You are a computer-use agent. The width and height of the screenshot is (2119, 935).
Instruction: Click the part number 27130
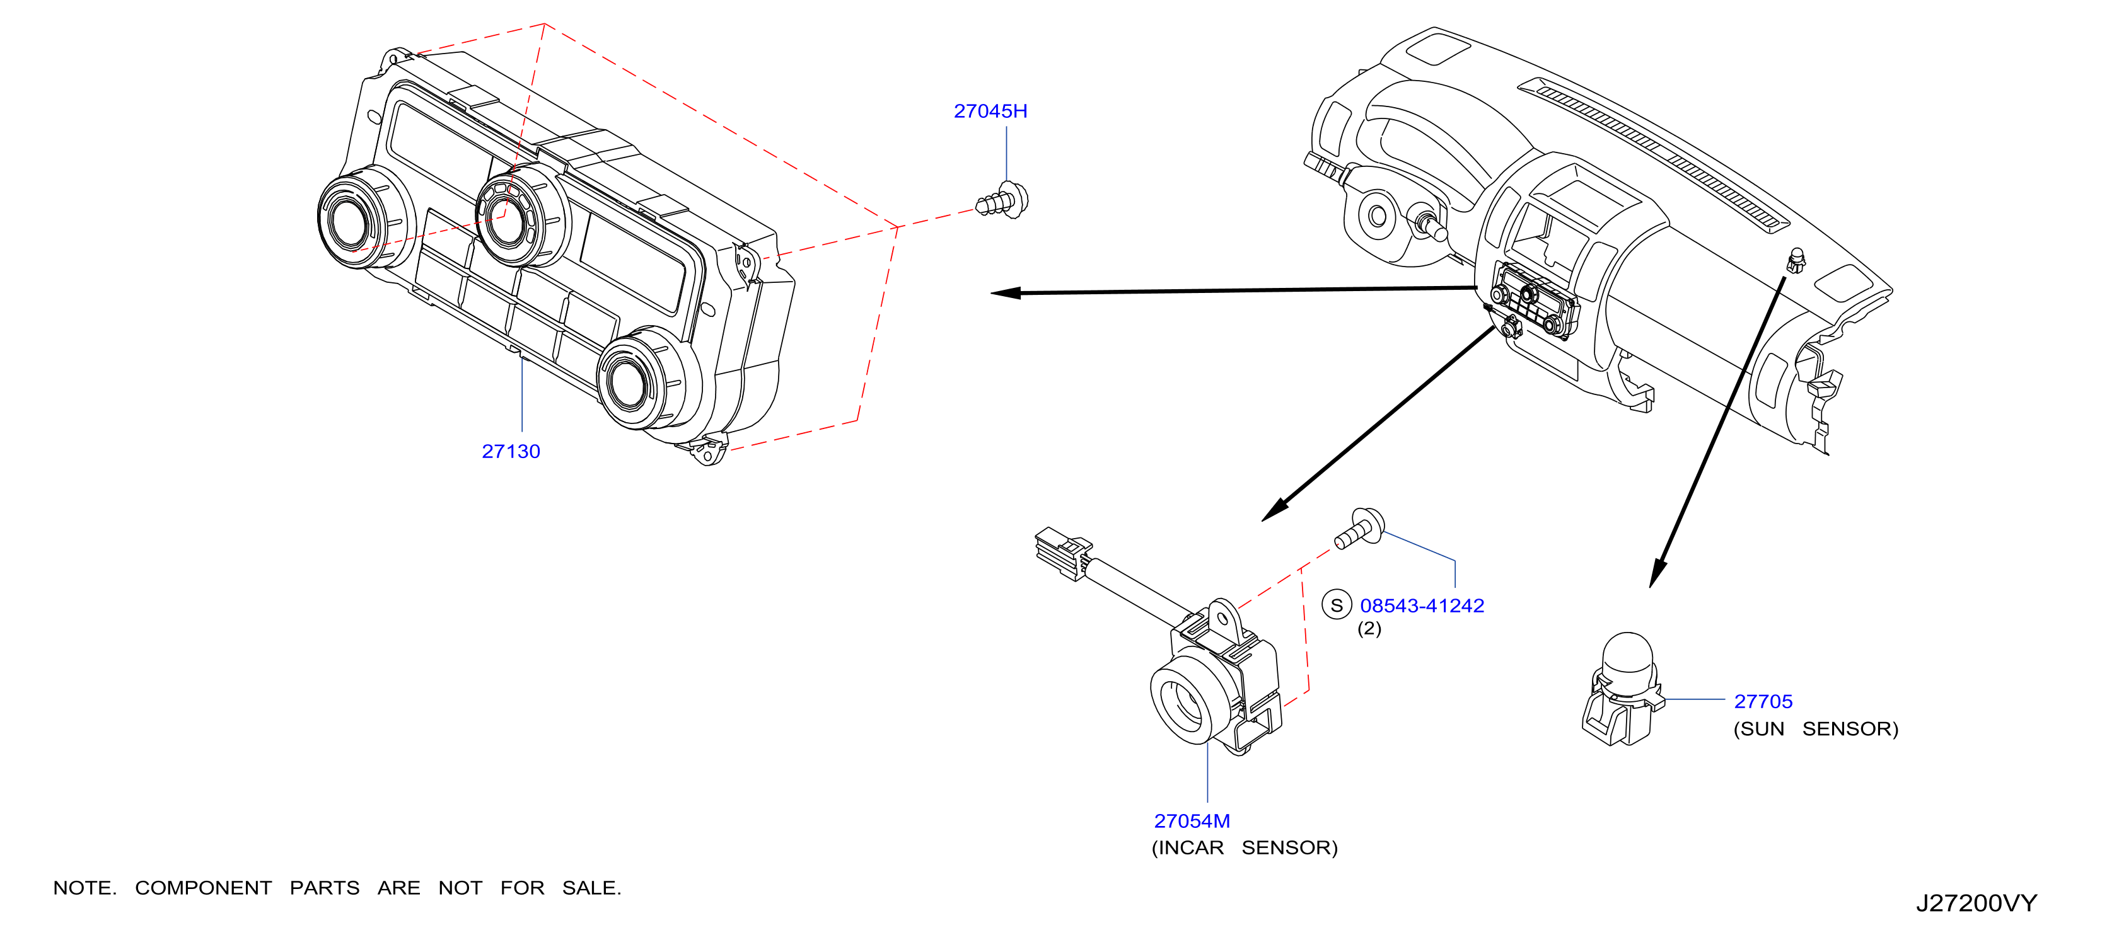pyautogui.click(x=511, y=452)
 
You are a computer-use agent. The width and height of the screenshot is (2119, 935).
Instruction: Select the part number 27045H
pyautogui.click(x=990, y=111)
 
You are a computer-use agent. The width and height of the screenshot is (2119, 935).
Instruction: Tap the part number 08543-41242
pyautogui.click(x=1422, y=606)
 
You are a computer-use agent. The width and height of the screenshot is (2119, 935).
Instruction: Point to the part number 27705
pyautogui.click(x=1763, y=701)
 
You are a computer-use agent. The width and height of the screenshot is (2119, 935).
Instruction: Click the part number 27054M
pyautogui.click(x=1192, y=821)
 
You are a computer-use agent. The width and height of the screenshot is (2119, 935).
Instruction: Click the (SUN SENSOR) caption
pyautogui.click(x=1816, y=728)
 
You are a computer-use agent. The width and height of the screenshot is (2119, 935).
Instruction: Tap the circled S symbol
pyautogui.click(x=1337, y=605)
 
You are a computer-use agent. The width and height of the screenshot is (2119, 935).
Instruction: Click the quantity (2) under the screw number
pyautogui.click(x=1369, y=629)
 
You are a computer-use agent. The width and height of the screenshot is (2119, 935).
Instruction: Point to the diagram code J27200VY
pyautogui.click(x=1977, y=903)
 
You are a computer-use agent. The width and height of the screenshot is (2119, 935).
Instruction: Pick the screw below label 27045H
pyautogui.click(x=1002, y=200)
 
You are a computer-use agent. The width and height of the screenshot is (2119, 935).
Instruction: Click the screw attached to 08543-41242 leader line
pyautogui.click(x=1360, y=528)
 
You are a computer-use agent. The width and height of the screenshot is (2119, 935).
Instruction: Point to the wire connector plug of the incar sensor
pyautogui.click(x=1063, y=553)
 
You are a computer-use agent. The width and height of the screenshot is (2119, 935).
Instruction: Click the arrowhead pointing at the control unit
pyautogui.click(x=1005, y=293)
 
